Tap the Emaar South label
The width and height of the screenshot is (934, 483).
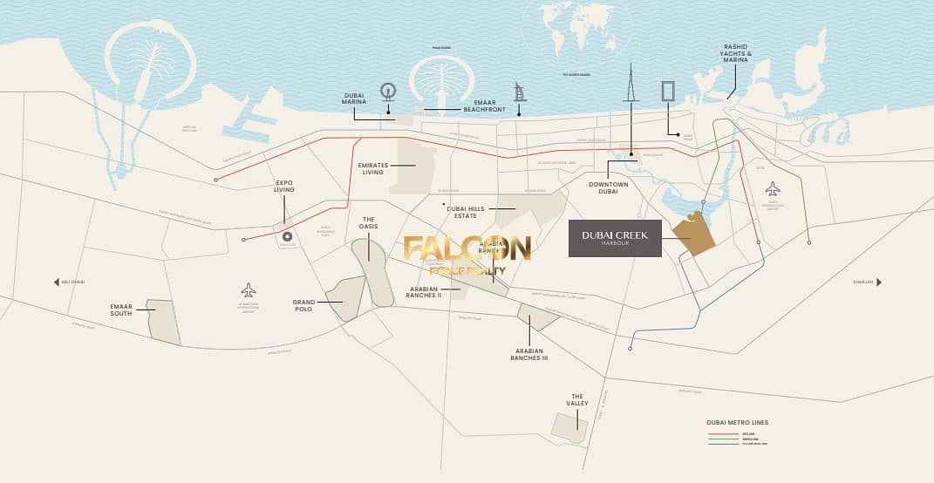[120, 310]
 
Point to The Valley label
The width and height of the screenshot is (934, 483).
[577, 399]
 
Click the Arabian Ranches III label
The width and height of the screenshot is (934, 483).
[530, 354]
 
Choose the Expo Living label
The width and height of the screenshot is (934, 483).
[284, 186]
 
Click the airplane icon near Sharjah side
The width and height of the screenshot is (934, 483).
[772, 189]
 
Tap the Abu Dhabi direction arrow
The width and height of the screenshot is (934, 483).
[57, 282]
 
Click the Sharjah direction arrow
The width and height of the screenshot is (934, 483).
[879, 282]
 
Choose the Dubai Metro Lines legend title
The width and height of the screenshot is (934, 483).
[737, 423]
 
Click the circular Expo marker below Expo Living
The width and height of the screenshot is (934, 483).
[286, 236]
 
